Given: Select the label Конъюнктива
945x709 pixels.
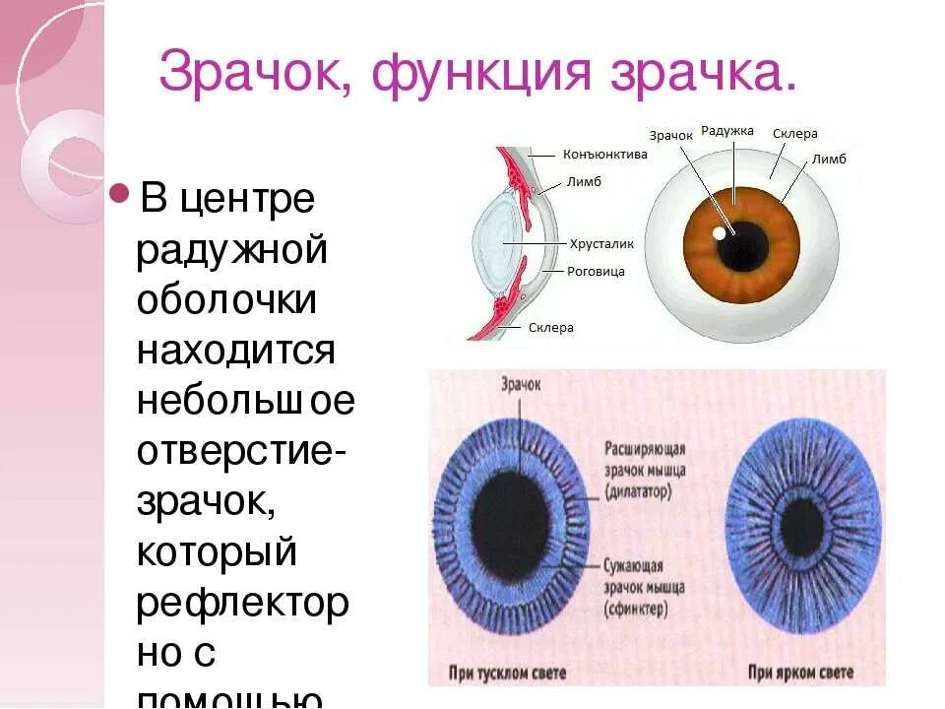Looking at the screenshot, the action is coord(604,155).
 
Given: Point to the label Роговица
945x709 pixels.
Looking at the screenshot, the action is coord(597,271).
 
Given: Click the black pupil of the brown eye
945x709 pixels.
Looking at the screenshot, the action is coord(743,245).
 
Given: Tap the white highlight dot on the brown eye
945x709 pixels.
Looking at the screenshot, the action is coord(720,234).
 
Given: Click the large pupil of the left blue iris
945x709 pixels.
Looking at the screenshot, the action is coord(509,516).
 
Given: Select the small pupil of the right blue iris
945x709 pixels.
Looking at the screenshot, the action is coord(802,524).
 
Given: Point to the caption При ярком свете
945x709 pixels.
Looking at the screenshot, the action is coord(798,674).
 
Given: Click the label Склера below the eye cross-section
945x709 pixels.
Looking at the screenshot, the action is coord(550,327).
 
